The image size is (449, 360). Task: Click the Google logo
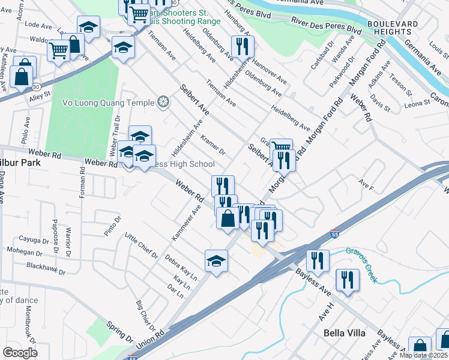pos(19,352)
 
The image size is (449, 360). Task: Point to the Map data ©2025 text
pos(423,355)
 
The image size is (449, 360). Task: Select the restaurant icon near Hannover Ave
pos(242,46)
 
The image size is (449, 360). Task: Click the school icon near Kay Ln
pos(216,260)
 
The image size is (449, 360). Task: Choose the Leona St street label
pos(418,103)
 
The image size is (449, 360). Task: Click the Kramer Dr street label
pos(213,143)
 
